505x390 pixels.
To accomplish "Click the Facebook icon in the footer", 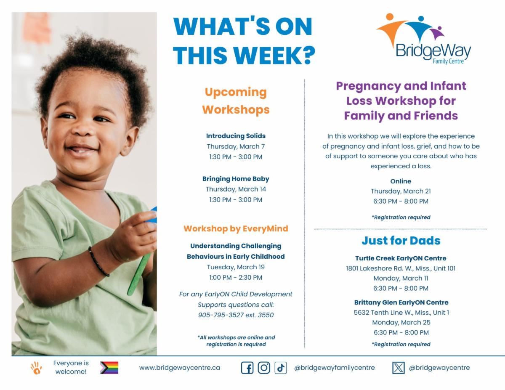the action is [247, 368].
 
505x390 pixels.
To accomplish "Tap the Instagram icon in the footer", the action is [264, 368].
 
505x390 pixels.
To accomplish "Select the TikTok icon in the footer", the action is [281, 368].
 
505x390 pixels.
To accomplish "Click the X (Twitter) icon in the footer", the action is [399, 368].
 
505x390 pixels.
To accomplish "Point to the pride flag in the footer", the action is [109, 368].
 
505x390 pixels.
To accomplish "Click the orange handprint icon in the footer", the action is [36, 368].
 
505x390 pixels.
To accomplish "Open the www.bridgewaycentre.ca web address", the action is [179, 368].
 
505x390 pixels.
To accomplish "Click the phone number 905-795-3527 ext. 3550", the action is [236, 315].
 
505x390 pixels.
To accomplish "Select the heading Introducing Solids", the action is [236, 135].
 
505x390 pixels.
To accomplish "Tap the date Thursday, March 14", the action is [236, 189].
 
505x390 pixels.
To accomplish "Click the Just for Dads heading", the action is [401, 240].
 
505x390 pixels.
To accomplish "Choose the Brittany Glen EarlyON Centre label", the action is [401, 302].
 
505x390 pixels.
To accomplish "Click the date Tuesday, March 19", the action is [236, 267].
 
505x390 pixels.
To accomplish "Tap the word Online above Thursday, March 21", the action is [401, 181].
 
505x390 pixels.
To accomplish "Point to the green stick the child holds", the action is [139, 274].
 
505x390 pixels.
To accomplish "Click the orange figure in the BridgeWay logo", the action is [393, 29].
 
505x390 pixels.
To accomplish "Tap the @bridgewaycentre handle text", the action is [439, 368].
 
